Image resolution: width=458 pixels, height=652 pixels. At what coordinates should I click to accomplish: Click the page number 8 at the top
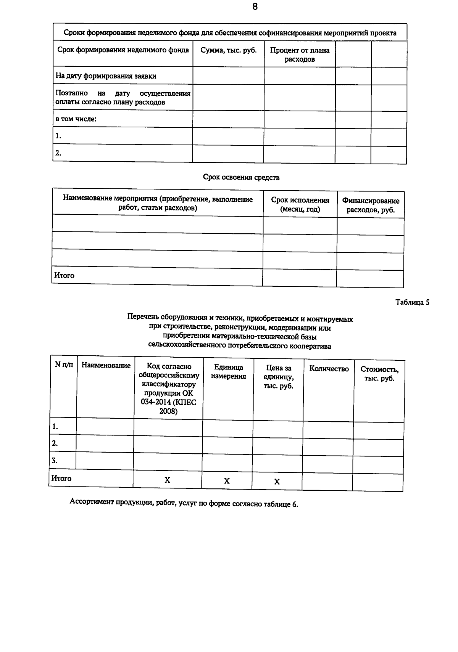click(255, 7)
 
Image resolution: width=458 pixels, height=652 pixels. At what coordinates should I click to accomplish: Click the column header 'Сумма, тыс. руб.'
click(228, 50)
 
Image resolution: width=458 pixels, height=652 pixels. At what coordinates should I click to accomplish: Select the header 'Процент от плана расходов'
click(300, 55)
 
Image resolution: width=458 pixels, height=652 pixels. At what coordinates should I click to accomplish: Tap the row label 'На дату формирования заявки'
click(106, 76)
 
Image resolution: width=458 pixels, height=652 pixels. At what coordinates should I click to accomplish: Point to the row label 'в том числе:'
click(76, 119)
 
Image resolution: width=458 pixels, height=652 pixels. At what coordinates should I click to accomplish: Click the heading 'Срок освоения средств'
click(241, 177)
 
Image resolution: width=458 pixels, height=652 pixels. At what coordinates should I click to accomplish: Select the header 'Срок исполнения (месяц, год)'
click(300, 205)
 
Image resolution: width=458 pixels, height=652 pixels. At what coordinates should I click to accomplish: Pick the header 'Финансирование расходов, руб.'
click(370, 206)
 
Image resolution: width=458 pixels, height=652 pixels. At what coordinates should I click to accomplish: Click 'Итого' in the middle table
click(64, 275)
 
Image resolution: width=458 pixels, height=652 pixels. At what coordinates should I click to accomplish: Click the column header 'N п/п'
click(64, 365)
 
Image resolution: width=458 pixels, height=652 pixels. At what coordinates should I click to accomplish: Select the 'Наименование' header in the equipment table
click(106, 365)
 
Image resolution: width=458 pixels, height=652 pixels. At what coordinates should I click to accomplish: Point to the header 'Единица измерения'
click(228, 372)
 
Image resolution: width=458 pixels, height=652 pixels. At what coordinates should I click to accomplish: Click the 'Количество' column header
click(329, 369)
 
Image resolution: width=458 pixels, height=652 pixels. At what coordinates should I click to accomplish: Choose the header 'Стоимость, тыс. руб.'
click(379, 374)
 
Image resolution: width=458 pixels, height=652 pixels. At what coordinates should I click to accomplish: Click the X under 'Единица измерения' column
click(227, 481)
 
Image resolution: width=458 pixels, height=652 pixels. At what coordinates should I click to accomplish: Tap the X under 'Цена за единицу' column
click(277, 482)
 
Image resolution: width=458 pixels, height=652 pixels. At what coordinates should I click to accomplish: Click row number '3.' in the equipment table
click(55, 460)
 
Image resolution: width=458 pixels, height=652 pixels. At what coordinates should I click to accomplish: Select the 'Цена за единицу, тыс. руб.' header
click(279, 377)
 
